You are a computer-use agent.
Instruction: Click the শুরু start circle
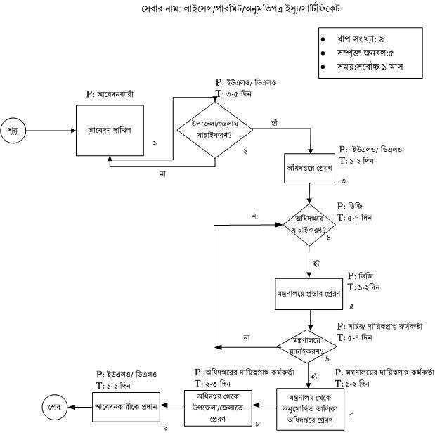pos(12,131)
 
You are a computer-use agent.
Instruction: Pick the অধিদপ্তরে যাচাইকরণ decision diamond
pos(311,226)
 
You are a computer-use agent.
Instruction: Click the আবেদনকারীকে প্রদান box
pos(127,406)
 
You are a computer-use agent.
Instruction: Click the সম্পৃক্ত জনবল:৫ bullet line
pos(366,53)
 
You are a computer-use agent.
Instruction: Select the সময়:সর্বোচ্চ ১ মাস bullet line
pos(369,68)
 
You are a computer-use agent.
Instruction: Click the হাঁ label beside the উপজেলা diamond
pos(275,123)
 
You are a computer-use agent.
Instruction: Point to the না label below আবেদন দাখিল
pos(163,174)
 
